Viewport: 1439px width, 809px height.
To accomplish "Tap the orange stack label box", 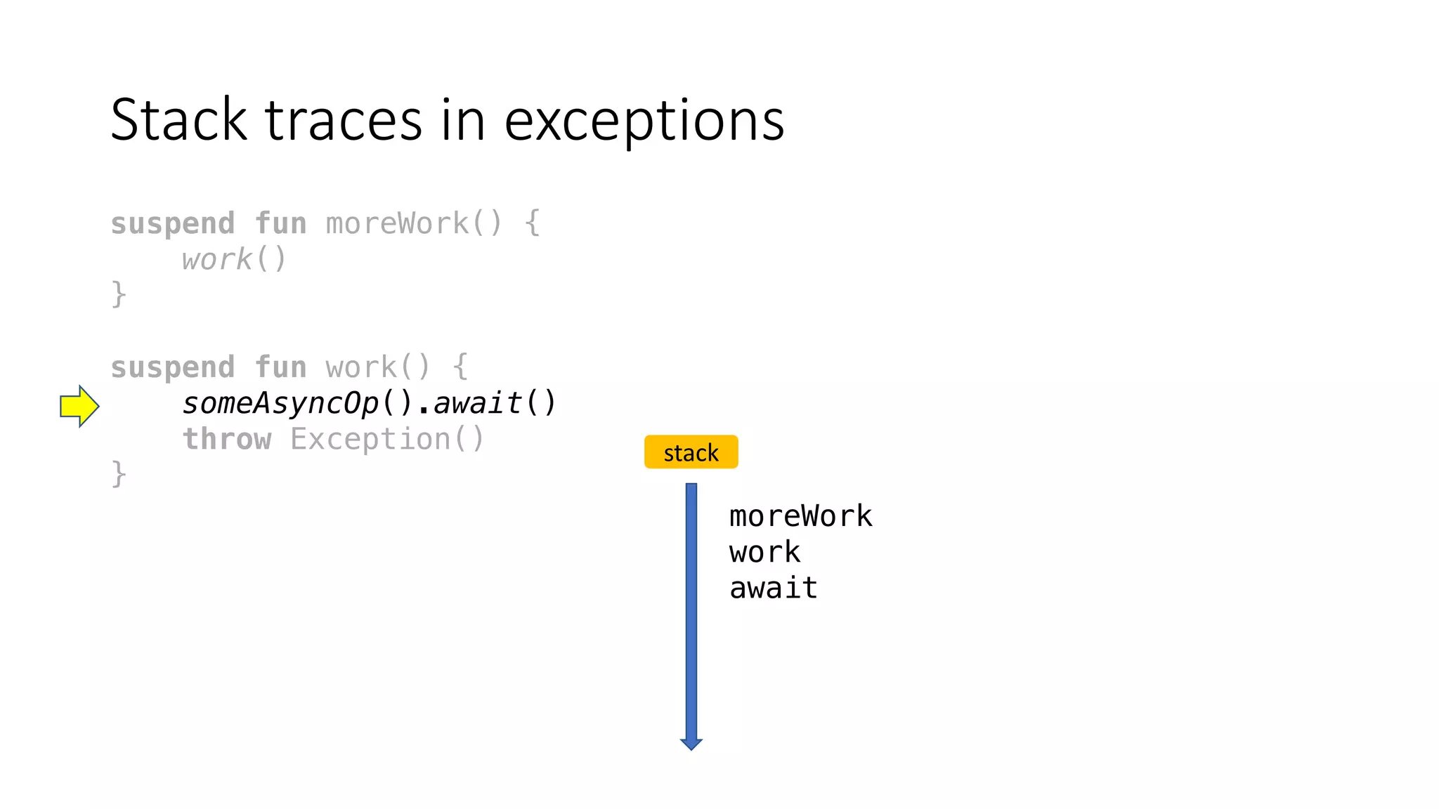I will point(691,452).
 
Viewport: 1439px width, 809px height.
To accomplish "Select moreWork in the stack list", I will point(800,516).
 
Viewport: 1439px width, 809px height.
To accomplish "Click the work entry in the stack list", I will point(764,552).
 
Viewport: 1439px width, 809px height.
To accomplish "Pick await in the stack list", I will point(773,588).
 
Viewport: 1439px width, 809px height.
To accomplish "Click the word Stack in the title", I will point(178,120).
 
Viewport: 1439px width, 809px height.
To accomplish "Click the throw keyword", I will point(227,440).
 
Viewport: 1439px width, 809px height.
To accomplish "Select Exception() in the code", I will point(387,440).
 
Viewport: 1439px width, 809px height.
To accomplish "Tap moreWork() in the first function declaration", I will point(414,224).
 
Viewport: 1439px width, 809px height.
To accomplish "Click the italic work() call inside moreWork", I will point(234,260).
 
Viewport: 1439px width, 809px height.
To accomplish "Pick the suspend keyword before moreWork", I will point(173,224).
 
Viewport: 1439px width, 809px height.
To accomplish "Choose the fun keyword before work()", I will point(280,367).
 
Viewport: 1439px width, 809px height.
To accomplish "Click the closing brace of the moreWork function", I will point(119,294).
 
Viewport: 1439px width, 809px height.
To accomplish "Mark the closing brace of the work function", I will point(119,473).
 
